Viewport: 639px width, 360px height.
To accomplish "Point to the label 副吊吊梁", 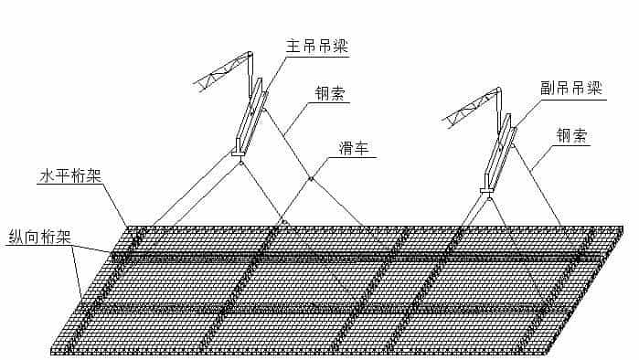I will coord(571,88).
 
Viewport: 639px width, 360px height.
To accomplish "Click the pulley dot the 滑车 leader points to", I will coord(311,178).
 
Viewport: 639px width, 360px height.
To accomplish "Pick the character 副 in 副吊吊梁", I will coord(548,88).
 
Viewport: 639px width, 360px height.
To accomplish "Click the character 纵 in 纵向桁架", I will coord(15,235).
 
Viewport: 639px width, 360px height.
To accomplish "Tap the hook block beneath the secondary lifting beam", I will coord(488,193).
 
